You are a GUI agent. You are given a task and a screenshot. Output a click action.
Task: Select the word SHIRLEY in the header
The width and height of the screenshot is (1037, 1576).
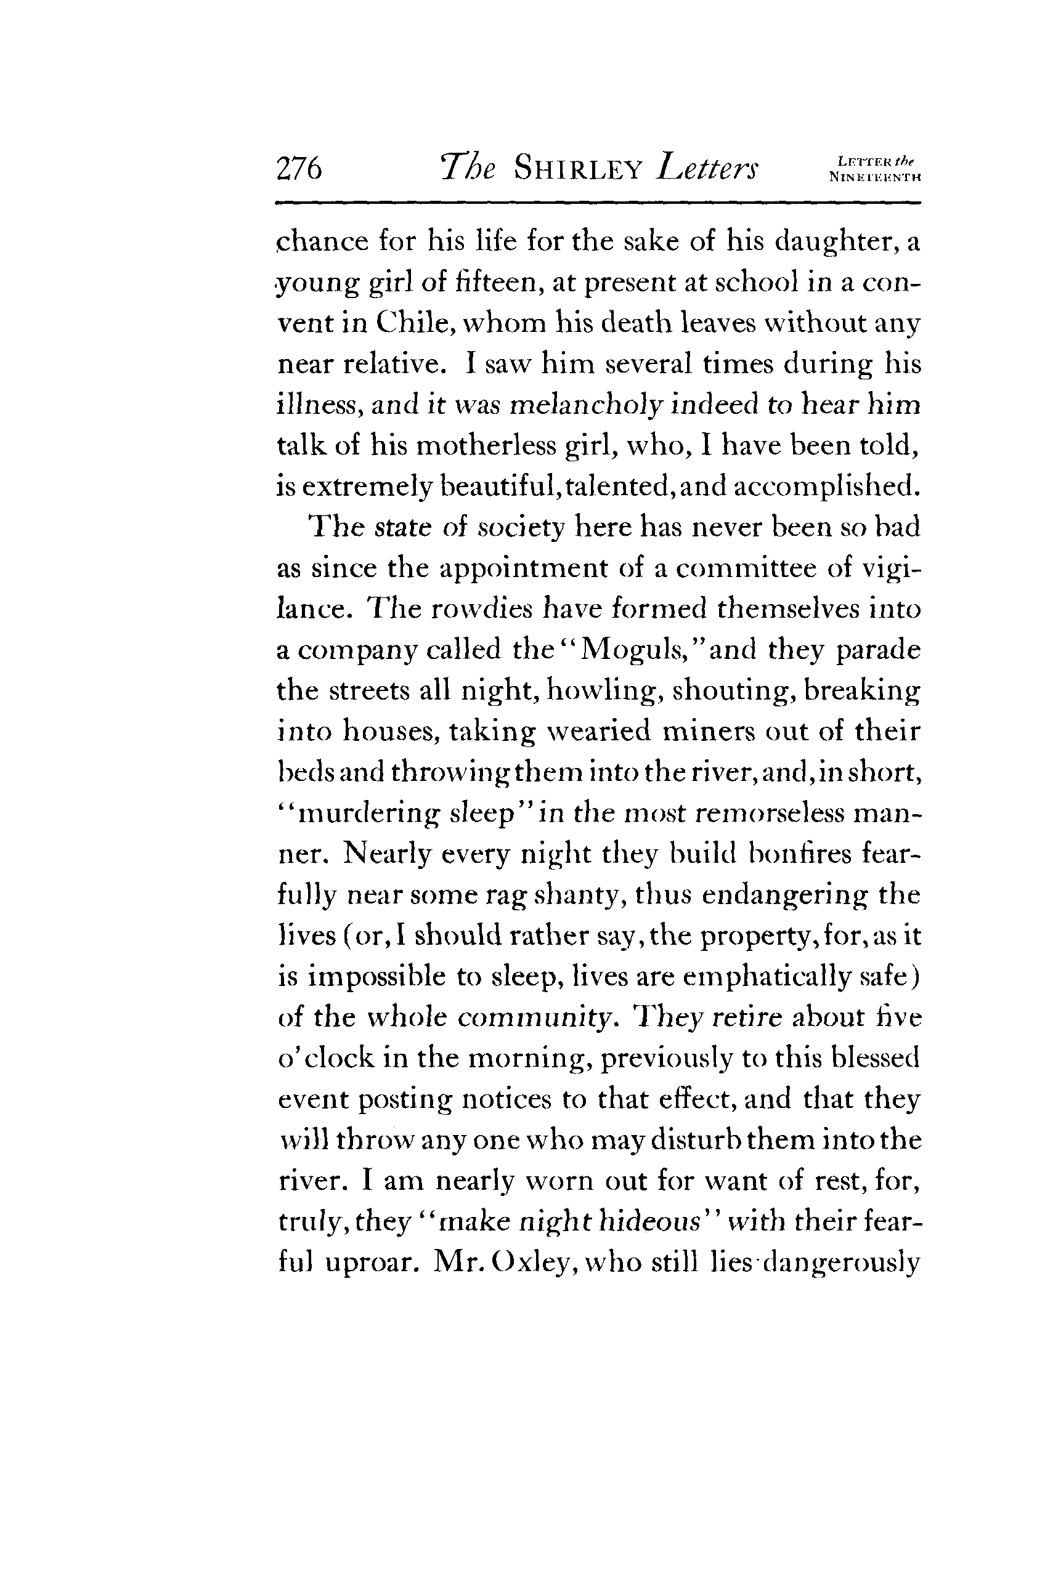579,169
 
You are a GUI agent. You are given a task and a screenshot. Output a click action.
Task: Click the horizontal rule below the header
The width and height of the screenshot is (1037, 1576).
598,203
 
